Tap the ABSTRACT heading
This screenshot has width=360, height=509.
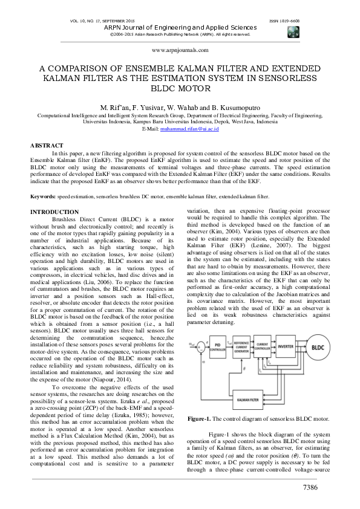click(x=47, y=146)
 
